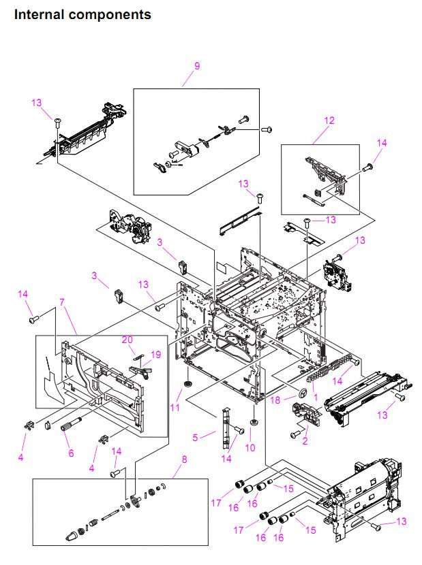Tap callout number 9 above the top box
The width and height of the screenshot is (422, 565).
click(x=197, y=66)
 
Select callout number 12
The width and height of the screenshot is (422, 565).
click(x=329, y=120)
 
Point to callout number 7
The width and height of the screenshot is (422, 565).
click(x=62, y=300)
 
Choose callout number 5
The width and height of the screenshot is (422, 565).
click(x=195, y=437)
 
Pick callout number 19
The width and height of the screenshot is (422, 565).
click(x=155, y=354)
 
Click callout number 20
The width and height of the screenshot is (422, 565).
click(x=128, y=340)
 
